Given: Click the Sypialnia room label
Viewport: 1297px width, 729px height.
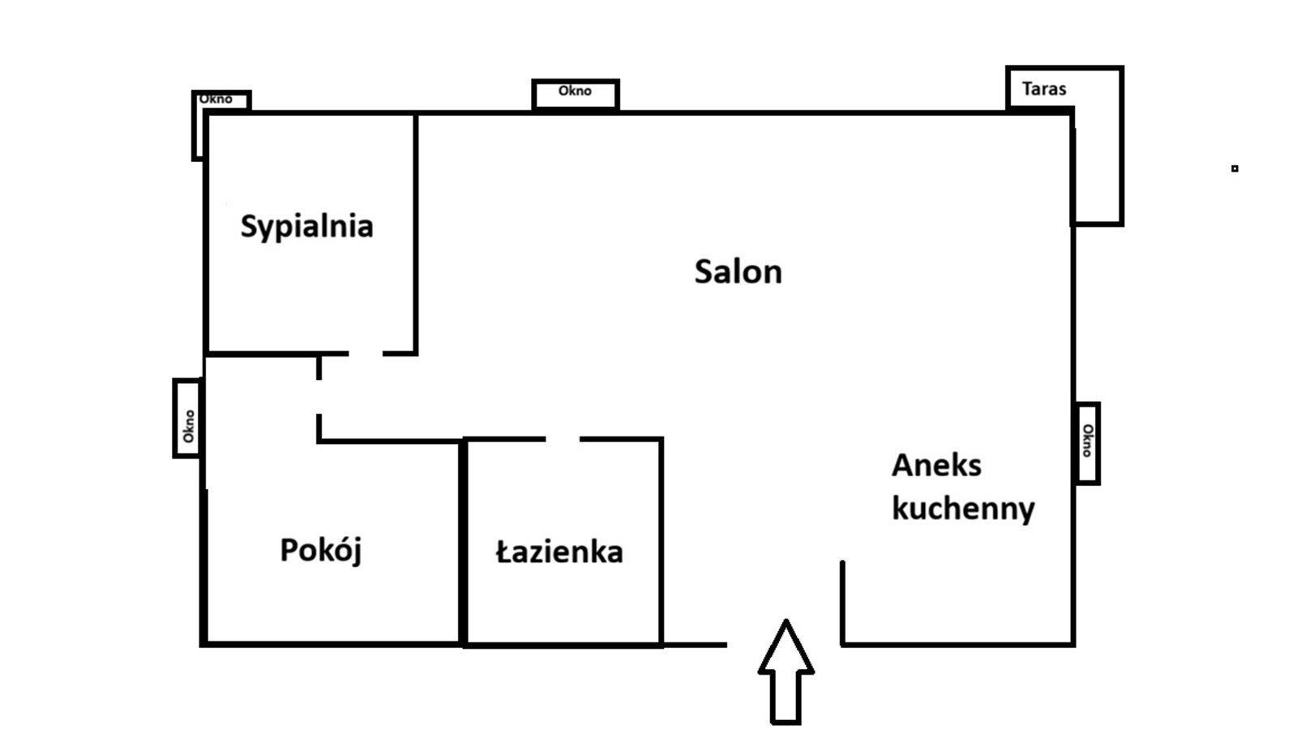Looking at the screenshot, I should pyautogui.click(x=306, y=226).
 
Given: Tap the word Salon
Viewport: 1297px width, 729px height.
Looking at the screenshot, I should pyautogui.click(x=738, y=271).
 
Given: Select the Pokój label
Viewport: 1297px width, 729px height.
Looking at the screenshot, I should pyautogui.click(x=320, y=551).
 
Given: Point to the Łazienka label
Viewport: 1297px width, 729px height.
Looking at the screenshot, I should pyautogui.click(x=559, y=552).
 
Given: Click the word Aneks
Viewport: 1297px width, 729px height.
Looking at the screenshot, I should pyautogui.click(x=936, y=466).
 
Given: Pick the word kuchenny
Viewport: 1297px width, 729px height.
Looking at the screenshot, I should pyautogui.click(x=963, y=509).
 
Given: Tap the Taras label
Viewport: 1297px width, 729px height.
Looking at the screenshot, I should pyautogui.click(x=1044, y=89).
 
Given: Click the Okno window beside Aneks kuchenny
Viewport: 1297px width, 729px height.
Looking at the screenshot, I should pyautogui.click(x=1087, y=442).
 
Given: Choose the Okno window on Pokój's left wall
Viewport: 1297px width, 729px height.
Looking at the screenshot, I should pyautogui.click(x=187, y=419).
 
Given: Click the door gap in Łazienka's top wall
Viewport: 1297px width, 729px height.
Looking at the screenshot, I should pyautogui.click(x=563, y=439).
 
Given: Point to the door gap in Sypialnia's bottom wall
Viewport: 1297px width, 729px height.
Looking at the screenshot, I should pyautogui.click(x=366, y=353).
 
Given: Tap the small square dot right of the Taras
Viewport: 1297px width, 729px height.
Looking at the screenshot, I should pyautogui.click(x=1235, y=168).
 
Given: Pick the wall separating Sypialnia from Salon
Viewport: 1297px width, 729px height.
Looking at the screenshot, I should pyautogui.click(x=416, y=233).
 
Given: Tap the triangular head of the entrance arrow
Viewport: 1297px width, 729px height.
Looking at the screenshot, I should pyautogui.click(x=785, y=648).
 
